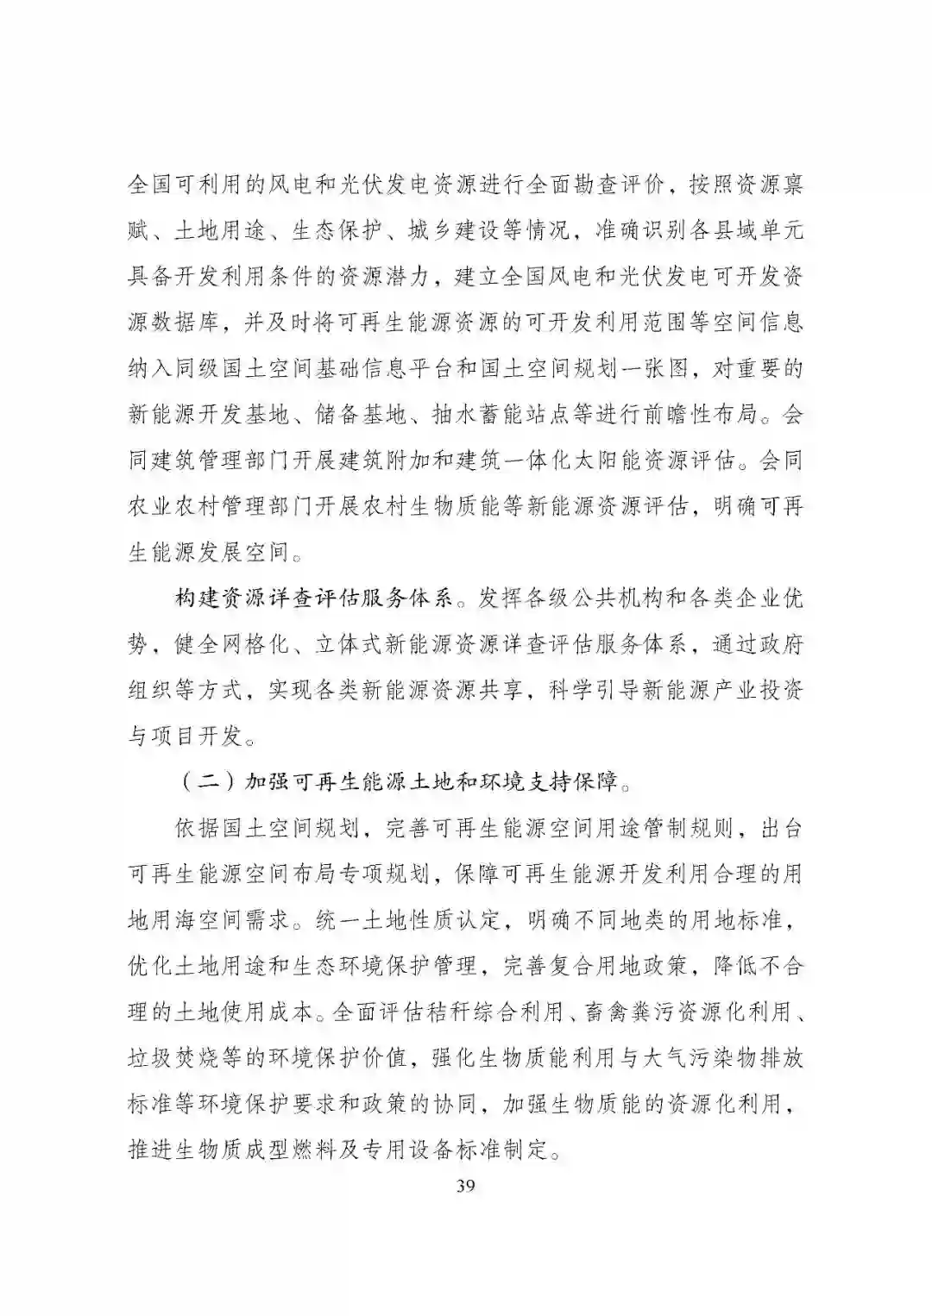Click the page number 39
465,1185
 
